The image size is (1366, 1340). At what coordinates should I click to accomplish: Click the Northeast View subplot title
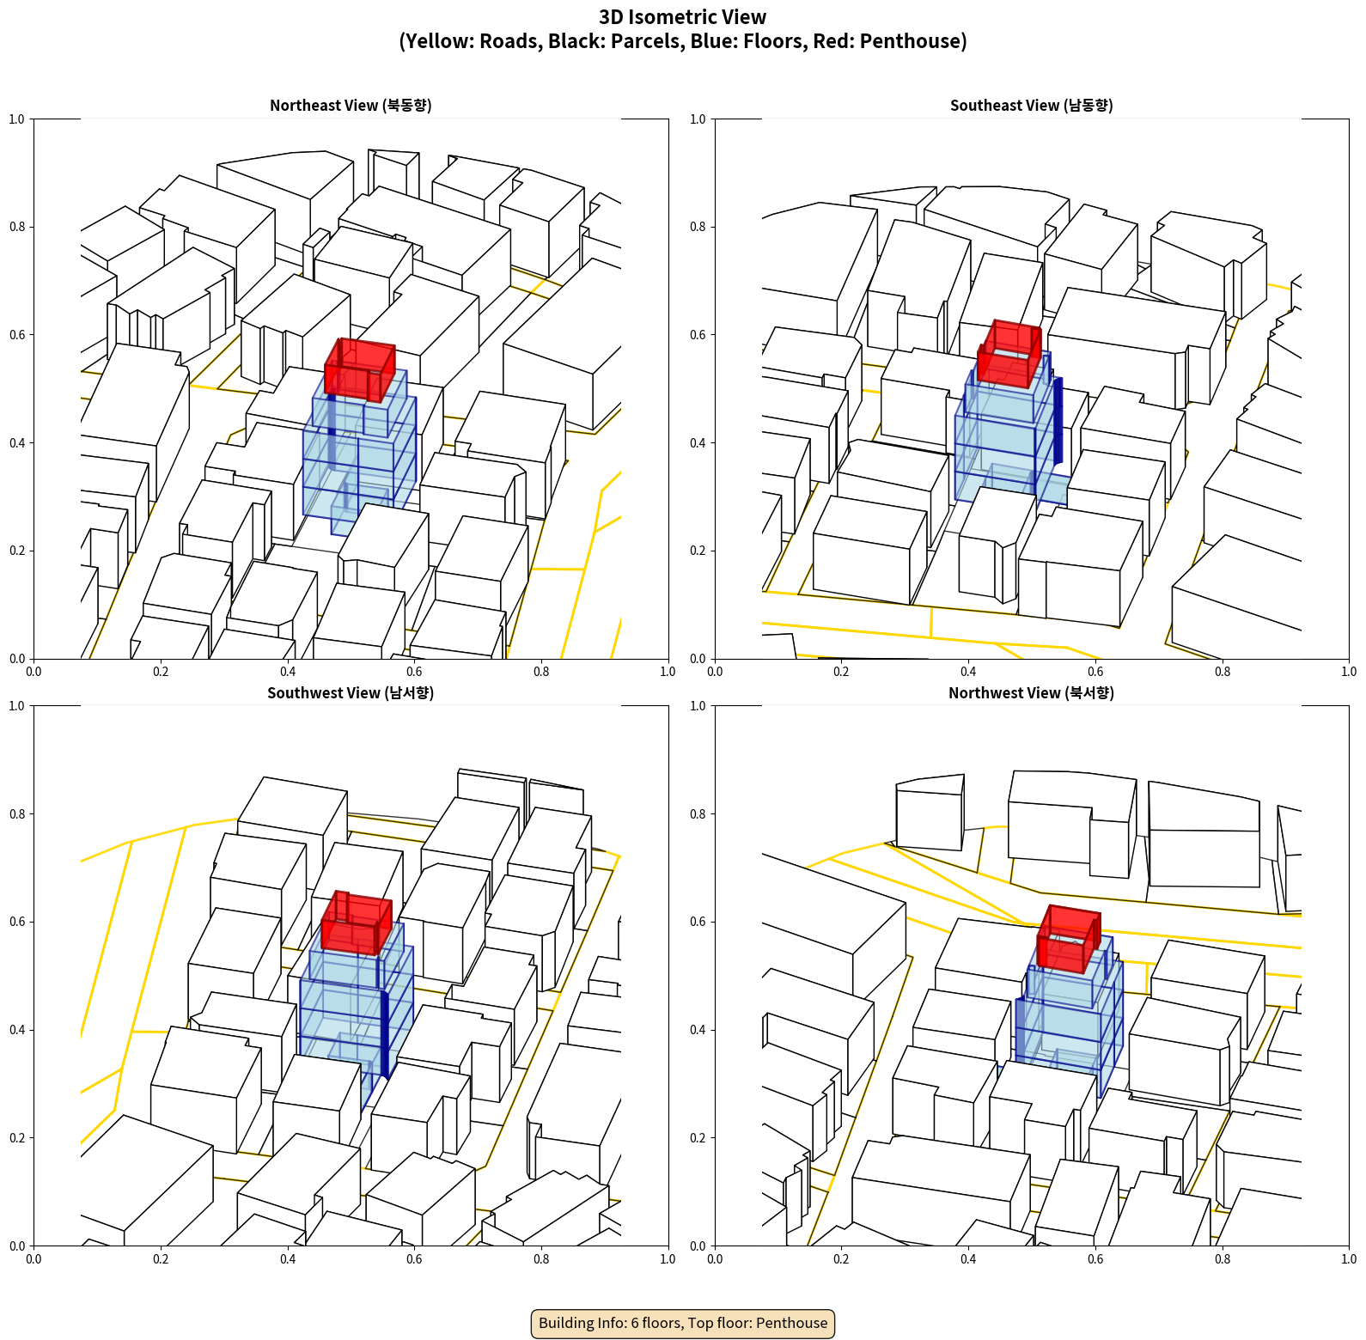click(x=351, y=105)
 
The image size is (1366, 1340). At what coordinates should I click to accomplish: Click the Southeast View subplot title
click(x=1031, y=105)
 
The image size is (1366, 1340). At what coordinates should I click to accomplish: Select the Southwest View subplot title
click(x=351, y=692)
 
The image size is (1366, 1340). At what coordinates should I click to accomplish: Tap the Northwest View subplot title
click(x=1031, y=692)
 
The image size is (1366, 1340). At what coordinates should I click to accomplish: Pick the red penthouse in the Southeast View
click(x=1009, y=353)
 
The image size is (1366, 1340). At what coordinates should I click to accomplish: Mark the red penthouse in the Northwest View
click(x=1069, y=939)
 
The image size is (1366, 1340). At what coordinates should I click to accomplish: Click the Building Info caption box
click(x=683, y=1323)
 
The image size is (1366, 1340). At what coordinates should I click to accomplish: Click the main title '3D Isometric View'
click(x=683, y=17)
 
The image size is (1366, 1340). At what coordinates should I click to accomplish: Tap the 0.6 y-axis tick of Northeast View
click(x=17, y=335)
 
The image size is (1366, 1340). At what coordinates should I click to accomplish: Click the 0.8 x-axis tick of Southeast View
click(x=1223, y=672)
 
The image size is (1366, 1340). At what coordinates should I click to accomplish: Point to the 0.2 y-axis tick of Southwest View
click(x=17, y=1138)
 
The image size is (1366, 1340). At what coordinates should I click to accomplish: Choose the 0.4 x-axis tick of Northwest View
click(x=968, y=1259)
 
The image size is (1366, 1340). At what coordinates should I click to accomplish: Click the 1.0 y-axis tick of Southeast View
click(x=698, y=119)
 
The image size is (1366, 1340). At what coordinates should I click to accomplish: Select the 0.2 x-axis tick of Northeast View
click(x=161, y=672)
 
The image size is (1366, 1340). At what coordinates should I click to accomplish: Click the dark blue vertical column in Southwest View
click(x=385, y=1035)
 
